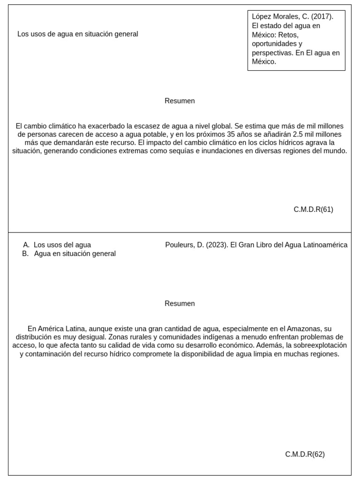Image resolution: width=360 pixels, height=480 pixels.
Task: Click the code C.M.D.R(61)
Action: pyautogui.click(x=313, y=210)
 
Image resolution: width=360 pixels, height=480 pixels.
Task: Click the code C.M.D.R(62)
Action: pyautogui.click(x=305, y=454)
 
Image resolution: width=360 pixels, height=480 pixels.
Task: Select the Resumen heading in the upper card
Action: pyautogui.click(x=180, y=101)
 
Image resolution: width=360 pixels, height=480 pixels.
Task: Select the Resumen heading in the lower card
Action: pyautogui.click(x=180, y=303)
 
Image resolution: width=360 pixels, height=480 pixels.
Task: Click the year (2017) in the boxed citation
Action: pyautogui.click(x=322, y=16)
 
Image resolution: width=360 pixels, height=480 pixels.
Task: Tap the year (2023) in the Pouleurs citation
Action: pyautogui.click(x=217, y=245)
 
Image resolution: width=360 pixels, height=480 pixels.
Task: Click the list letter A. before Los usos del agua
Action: pyautogui.click(x=26, y=245)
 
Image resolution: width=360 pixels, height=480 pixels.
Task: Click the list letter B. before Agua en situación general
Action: pyautogui.click(x=26, y=254)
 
